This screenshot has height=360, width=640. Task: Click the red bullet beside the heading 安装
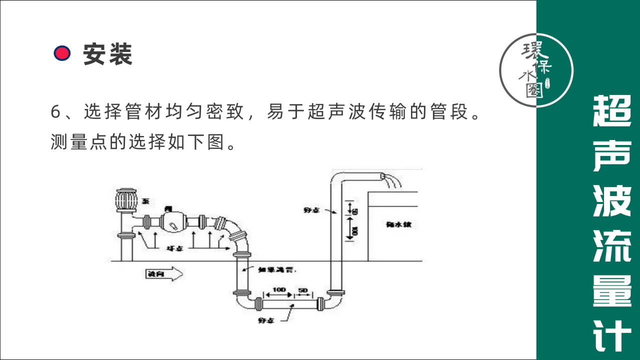(x=62, y=53)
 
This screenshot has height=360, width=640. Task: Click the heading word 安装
(x=107, y=53)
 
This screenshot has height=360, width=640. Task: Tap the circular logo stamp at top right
(x=536, y=70)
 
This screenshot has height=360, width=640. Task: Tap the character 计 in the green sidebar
(x=612, y=336)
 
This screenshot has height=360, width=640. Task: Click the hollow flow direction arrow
(x=163, y=274)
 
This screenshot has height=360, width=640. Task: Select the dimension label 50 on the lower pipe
(x=303, y=290)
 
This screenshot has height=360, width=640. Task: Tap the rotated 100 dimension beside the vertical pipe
(x=354, y=230)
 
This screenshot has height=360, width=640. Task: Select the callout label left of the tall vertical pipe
(x=311, y=210)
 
